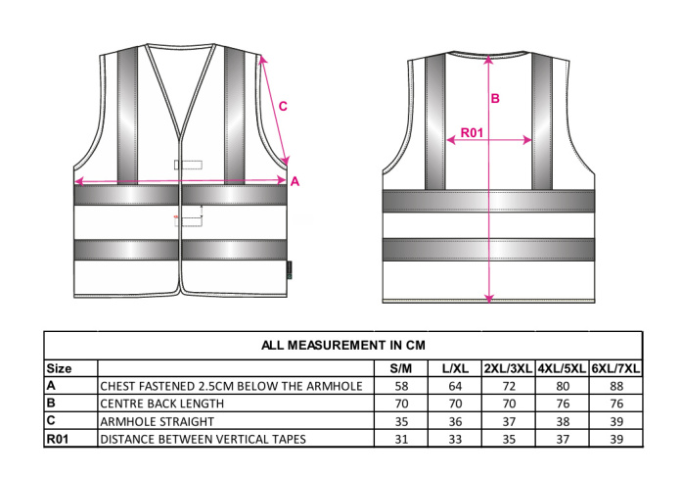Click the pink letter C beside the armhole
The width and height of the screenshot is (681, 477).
click(x=283, y=106)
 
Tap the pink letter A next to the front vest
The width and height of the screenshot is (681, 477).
click(x=295, y=181)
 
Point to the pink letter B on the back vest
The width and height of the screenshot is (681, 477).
click(x=495, y=98)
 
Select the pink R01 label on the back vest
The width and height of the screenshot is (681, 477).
click(x=472, y=132)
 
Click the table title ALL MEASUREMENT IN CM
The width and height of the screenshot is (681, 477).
click(x=343, y=345)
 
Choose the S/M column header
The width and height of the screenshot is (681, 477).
click(x=400, y=368)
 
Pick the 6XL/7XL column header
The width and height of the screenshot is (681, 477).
click(x=615, y=368)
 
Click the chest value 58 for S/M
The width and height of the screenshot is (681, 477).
click(x=401, y=386)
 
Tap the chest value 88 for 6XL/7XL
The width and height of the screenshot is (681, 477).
click(x=616, y=386)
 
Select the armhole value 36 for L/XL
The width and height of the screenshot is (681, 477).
click(x=455, y=422)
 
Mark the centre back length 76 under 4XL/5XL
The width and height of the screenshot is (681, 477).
click(x=563, y=404)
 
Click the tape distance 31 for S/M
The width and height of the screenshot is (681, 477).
click(x=401, y=439)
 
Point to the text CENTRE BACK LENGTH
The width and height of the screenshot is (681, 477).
click(x=162, y=404)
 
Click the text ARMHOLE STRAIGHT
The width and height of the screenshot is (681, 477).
click(x=158, y=422)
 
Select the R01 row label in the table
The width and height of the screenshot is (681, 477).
click(x=58, y=439)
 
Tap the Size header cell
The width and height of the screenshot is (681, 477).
click(x=59, y=368)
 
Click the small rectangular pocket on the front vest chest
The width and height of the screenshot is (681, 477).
click(x=189, y=165)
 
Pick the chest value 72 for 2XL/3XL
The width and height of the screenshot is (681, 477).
click(x=509, y=386)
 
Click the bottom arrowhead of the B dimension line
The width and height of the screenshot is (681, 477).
click(x=489, y=299)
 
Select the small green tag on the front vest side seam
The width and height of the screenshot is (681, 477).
click(x=290, y=270)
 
